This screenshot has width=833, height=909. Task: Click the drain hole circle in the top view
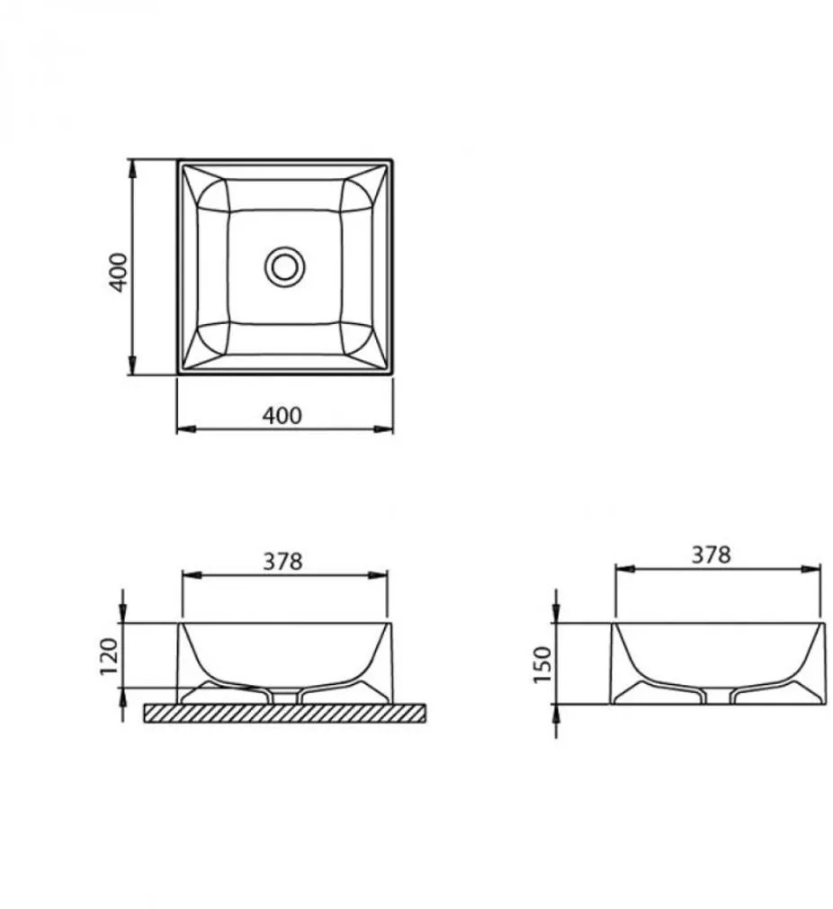pyautogui.click(x=285, y=266)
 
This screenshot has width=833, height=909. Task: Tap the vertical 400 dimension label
pyautogui.click(x=119, y=269)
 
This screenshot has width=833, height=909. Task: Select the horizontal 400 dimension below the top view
pyautogui.click(x=282, y=415)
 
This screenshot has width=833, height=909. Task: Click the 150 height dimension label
pyautogui.click(x=542, y=663)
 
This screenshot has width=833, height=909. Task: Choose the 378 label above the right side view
pyautogui.click(x=712, y=554)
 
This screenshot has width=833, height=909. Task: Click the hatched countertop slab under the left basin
pyautogui.click(x=285, y=713)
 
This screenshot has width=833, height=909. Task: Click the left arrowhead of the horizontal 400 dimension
pyautogui.click(x=183, y=428)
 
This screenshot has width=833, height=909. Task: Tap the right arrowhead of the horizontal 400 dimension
pyautogui.click(x=388, y=428)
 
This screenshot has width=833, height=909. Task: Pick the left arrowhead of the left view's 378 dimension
pyautogui.click(x=188, y=574)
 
